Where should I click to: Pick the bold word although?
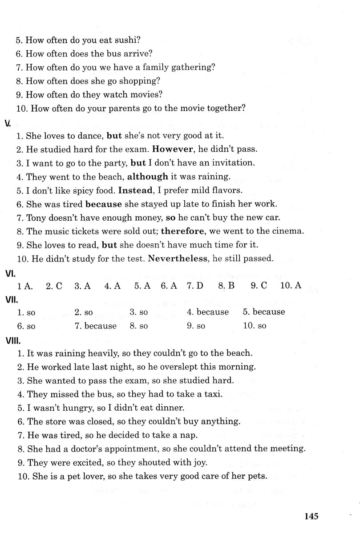point(148,176)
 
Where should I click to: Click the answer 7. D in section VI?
point(194,286)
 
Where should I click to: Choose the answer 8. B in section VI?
point(226,286)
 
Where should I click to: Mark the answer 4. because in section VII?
point(208,312)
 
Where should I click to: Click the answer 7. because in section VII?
point(96,326)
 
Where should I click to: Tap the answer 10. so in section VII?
point(255,326)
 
